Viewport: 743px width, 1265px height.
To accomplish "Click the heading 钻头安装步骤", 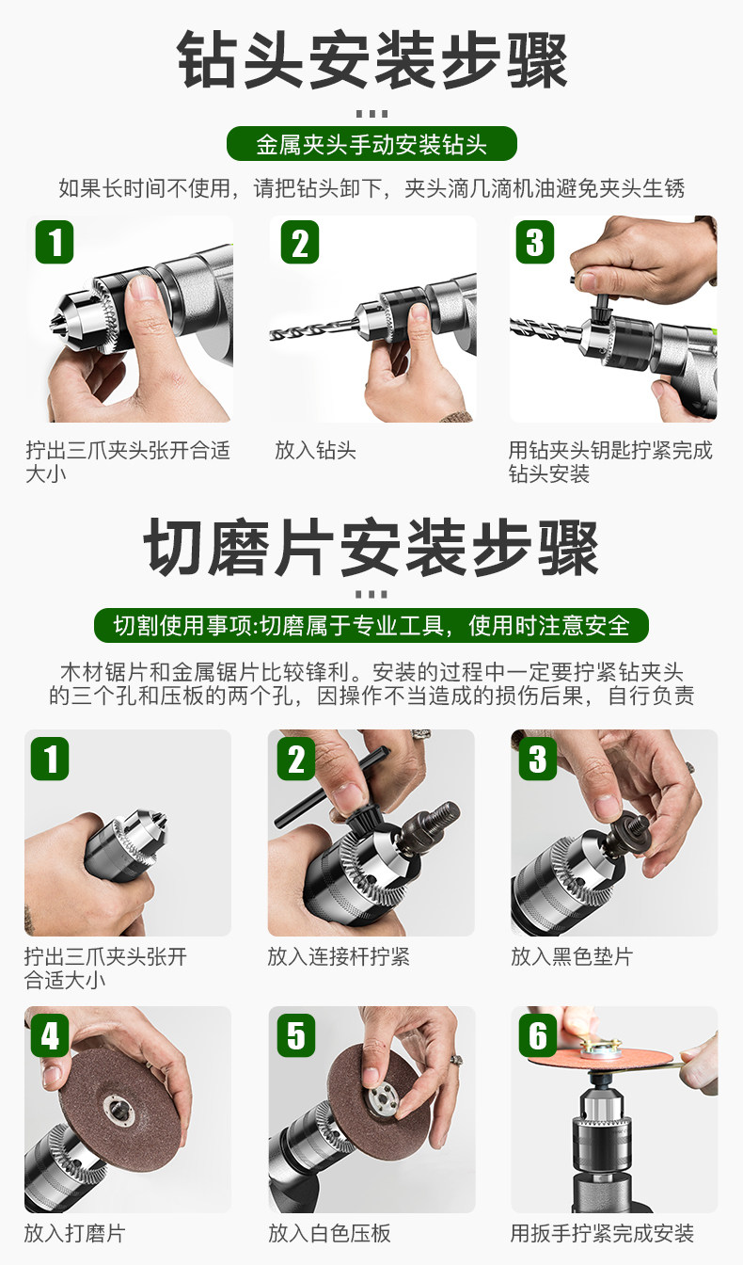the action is point(372,60).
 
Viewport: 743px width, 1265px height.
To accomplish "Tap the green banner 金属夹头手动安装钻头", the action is point(371,144).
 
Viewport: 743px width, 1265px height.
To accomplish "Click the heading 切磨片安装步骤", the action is point(371,548).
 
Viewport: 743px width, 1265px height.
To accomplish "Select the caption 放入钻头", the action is point(315,451).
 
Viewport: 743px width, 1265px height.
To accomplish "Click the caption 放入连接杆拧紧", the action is point(339,956).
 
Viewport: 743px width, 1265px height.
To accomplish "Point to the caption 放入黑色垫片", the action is point(572,956).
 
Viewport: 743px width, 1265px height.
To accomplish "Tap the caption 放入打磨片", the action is point(74,1233).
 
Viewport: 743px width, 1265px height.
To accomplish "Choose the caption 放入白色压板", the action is point(329,1233).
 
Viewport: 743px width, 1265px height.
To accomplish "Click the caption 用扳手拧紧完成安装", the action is point(602,1233).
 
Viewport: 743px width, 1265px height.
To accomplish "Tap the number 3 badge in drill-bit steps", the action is point(535,242).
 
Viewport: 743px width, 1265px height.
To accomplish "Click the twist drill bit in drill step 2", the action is point(313,329).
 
